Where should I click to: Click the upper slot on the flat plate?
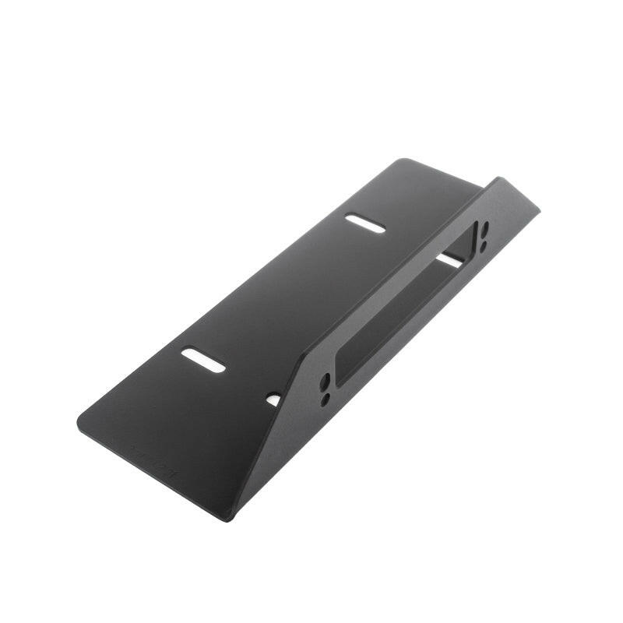(x=365, y=224)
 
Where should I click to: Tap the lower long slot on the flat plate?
(x=203, y=359)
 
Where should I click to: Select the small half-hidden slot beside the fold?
(x=273, y=399)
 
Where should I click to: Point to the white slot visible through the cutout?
(x=449, y=260)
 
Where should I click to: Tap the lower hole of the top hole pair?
(x=483, y=245)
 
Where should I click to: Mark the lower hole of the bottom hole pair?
(x=326, y=398)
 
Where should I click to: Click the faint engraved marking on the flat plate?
(x=153, y=459)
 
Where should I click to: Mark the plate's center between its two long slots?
(x=284, y=292)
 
